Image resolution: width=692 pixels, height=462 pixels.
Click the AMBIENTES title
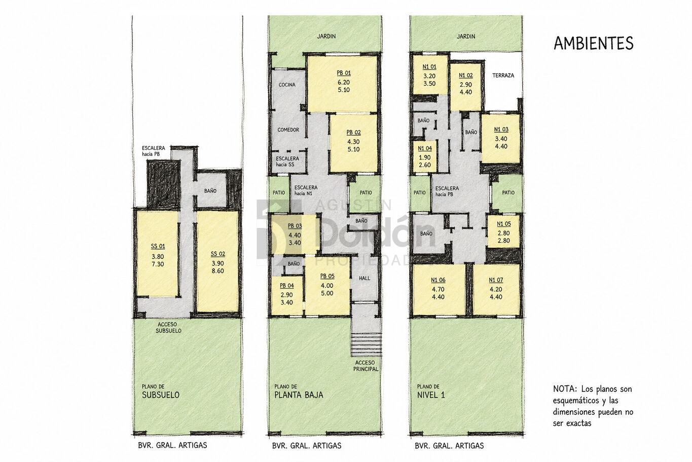point(594,43)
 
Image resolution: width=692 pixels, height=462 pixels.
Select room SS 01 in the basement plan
point(158,254)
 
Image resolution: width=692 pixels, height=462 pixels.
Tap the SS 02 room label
point(218,254)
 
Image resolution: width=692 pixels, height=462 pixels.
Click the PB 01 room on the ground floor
point(343,84)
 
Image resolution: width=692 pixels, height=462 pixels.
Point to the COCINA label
point(287,85)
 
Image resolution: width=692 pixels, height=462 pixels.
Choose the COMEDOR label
point(288,129)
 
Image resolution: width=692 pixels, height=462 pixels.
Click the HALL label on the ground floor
point(365,278)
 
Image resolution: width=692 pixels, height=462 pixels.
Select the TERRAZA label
point(503,75)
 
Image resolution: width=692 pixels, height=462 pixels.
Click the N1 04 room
point(425,156)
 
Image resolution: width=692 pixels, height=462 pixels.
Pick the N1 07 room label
point(496,280)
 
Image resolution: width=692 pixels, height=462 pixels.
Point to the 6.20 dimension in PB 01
point(344,82)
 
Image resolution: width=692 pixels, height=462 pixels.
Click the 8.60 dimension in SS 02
point(218,271)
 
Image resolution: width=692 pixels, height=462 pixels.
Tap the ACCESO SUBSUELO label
point(168,327)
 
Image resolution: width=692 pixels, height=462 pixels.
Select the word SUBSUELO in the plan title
point(161,395)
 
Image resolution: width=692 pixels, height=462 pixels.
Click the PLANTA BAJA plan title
point(299,395)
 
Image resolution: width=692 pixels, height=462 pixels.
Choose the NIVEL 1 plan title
point(431,395)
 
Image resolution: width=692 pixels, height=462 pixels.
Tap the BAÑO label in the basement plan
point(210,191)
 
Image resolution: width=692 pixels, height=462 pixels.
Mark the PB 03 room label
point(295,226)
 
